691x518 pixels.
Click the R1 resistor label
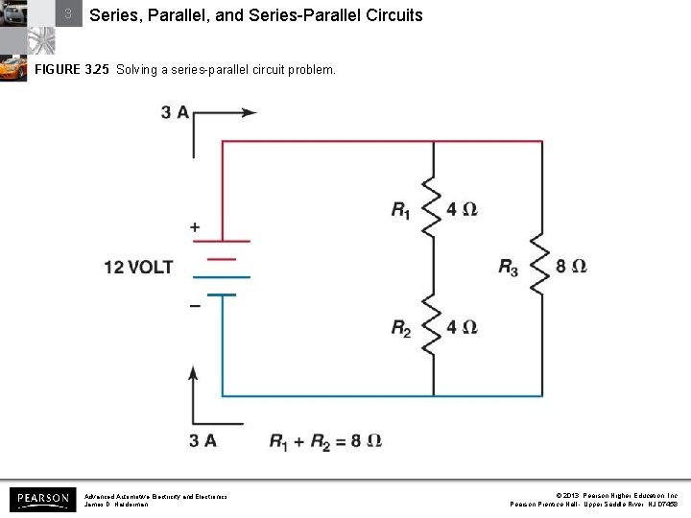(x=400, y=210)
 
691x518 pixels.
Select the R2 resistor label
(x=401, y=329)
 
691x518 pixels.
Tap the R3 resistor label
(x=509, y=268)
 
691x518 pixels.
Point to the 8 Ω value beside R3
(x=571, y=267)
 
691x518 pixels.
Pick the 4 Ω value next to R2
(x=462, y=328)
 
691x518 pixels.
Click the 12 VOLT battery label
(x=139, y=267)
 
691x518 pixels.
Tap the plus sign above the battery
(x=195, y=227)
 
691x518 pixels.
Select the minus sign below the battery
(x=195, y=304)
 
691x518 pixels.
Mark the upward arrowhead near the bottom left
(x=195, y=372)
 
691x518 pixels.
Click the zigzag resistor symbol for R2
(x=434, y=328)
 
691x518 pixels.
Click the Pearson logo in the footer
(x=42, y=499)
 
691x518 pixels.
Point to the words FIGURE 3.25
(x=73, y=70)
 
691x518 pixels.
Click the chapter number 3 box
(x=68, y=14)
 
